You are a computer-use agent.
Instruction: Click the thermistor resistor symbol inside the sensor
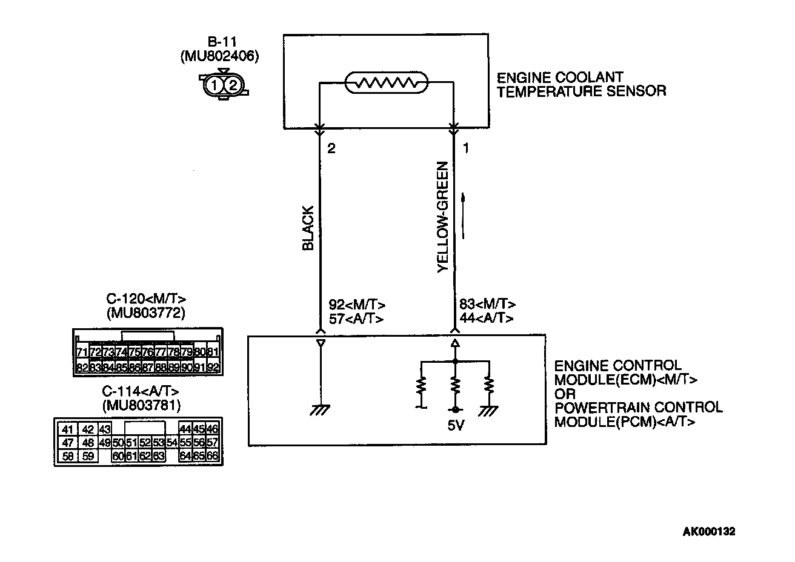pyautogui.click(x=386, y=83)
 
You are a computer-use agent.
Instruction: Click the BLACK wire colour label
pyautogui.click(x=308, y=229)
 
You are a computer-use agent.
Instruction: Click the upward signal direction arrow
pyautogui.click(x=463, y=216)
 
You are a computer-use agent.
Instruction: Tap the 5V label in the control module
pyautogui.click(x=455, y=426)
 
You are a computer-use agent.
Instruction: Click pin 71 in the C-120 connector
pyautogui.click(x=82, y=352)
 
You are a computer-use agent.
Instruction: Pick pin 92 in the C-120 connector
pyautogui.click(x=212, y=367)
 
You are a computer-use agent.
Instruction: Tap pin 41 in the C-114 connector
pyautogui.click(x=68, y=429)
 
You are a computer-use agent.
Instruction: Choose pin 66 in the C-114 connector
pyautogui.click(x=212, y=456)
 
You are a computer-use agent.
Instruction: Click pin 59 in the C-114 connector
pyautogui.click(x=88, y=456)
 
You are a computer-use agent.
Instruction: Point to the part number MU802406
pyautogui.click(x=219, y=56)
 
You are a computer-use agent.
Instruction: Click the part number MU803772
pyautogui.click(x=146, y=312)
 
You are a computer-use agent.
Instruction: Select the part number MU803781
pyautogui.click(x=142, y=405)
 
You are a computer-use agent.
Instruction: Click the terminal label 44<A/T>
pyautogui.click(x=487, y=318)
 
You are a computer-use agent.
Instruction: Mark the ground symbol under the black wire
pyautogui.click(x=320, y=410)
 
